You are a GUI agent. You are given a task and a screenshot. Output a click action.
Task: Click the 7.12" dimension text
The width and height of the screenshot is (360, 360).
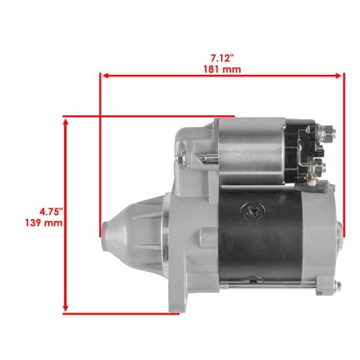pyautogui.click(x=222, y=58)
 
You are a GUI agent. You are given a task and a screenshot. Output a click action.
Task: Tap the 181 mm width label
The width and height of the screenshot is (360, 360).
pyautogui.click(x=222, y=70)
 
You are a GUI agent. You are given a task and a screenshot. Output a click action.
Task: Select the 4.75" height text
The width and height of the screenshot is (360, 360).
pyautogui.click(x=51, y=212)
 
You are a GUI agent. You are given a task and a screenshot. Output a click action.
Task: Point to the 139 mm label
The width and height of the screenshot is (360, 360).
pyautogui.click(x=44, y=223)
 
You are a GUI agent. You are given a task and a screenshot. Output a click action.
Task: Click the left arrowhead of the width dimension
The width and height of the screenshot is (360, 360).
pyautogui.click(x=106, y=76)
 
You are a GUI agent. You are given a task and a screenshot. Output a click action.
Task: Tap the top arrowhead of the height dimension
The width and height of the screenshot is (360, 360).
pyautogui.click(x=66, y=122)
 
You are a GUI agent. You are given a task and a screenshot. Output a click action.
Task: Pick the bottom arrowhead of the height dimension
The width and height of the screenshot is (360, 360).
pyautogui.click(x=66, y=307)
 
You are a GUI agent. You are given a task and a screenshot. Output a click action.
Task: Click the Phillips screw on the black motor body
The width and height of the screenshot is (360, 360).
pyautogui.click(x=253, y=211)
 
